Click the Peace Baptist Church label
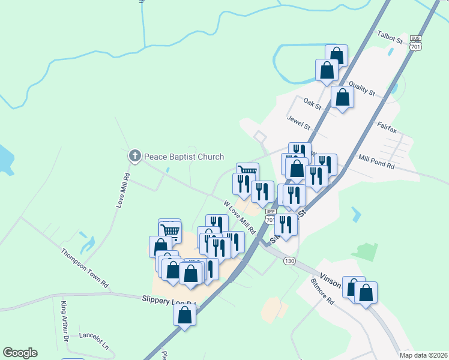[183, 157]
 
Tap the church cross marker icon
[134, 157]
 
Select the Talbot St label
[390, 38]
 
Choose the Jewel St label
[298, 123]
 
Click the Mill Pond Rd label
[376, 160]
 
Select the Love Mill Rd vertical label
[122, 191]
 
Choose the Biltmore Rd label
[322, 292]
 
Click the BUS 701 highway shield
[415, 41]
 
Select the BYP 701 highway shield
[271, 215]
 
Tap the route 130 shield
[290, 261]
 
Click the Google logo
[20, 353]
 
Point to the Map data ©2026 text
[424, 355]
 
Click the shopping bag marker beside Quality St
[342, 98]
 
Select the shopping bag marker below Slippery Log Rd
[185, 314]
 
